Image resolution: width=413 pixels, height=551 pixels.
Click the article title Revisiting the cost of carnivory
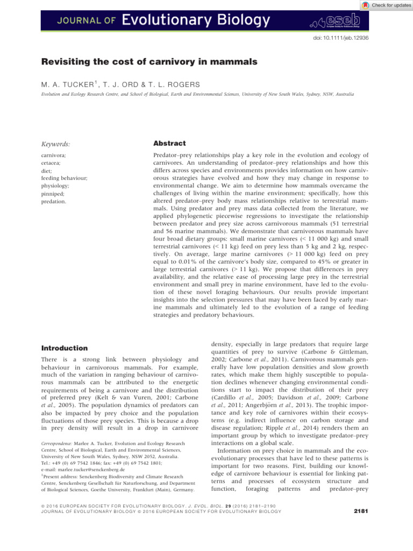pyautogui.click(x=149, y=62)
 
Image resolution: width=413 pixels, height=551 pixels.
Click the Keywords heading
pyautogui.click(x=58, y=144)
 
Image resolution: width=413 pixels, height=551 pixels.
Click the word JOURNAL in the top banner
pyautogui.click(x=72, y=22)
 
